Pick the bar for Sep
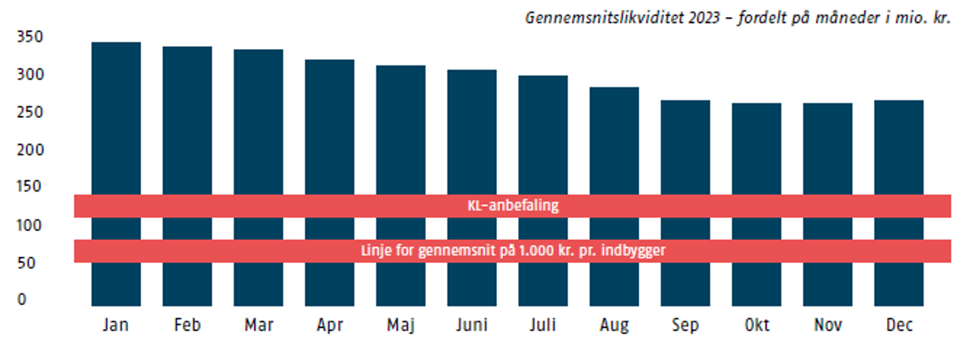[x=685, y=157]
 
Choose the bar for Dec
[x=899, y=157]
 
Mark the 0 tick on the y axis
[x=22, y=299]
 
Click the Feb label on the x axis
[x=187, y=326]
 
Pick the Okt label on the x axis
[x=756, y=326]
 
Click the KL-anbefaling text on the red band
[x=513, y=206]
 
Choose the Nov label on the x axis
[x=828, y=326]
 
